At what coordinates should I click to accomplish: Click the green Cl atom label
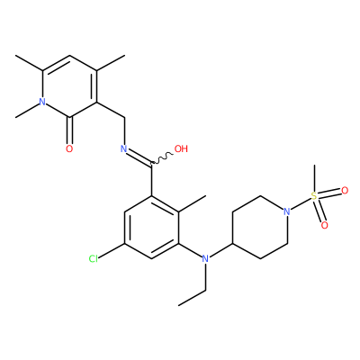(x=94, y=258)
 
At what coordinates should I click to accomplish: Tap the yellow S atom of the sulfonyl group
(x=314, y=196)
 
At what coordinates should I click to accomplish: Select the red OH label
(x=181, y=148)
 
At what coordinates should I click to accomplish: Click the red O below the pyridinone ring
(x=69, y=148)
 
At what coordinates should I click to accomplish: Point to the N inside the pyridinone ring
(x=42, y=102)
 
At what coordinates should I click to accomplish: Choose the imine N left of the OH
(x=123, y=148)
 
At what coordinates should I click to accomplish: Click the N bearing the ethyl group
(x=205, y=258)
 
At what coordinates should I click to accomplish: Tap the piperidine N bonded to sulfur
(x=287, y=211)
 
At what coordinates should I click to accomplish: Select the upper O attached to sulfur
(x=345, y=191)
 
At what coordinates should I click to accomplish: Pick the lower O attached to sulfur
(x=324, y=225)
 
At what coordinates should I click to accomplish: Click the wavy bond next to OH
(x=162, y=157)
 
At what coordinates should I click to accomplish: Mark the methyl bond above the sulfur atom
(x=314, y=178)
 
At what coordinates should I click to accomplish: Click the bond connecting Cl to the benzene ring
(x=112, y=251)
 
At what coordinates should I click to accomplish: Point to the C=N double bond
(x=138, y=157)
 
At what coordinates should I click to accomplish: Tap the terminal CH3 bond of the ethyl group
(x=192, y=298)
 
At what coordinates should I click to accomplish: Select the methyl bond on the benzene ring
(x=193, y=204)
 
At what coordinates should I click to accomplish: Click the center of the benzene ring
(x=152, y=228)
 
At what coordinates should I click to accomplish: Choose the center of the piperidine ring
(x=260, y=228)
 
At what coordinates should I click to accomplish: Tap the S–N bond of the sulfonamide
(x=301, y=204)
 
